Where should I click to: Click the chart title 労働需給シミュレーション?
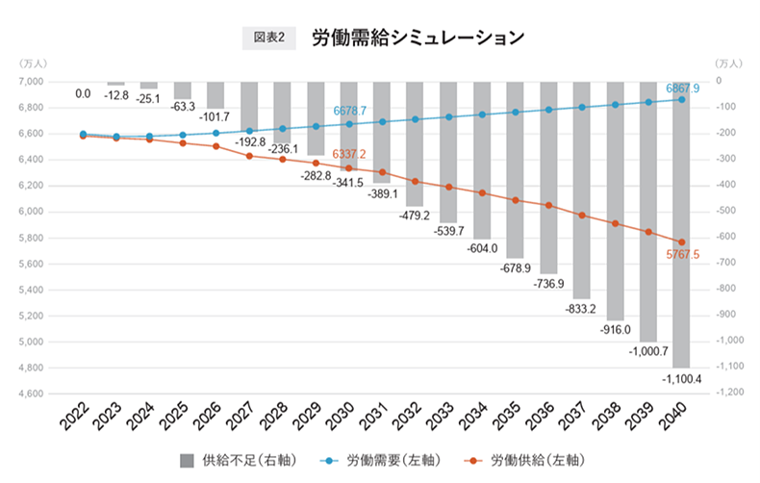pos(418,38)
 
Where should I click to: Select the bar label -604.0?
pos(481,248)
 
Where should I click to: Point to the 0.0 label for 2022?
pos(83,93)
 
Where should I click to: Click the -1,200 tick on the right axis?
pos(729,394)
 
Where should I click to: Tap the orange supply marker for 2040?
pos(681,242)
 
